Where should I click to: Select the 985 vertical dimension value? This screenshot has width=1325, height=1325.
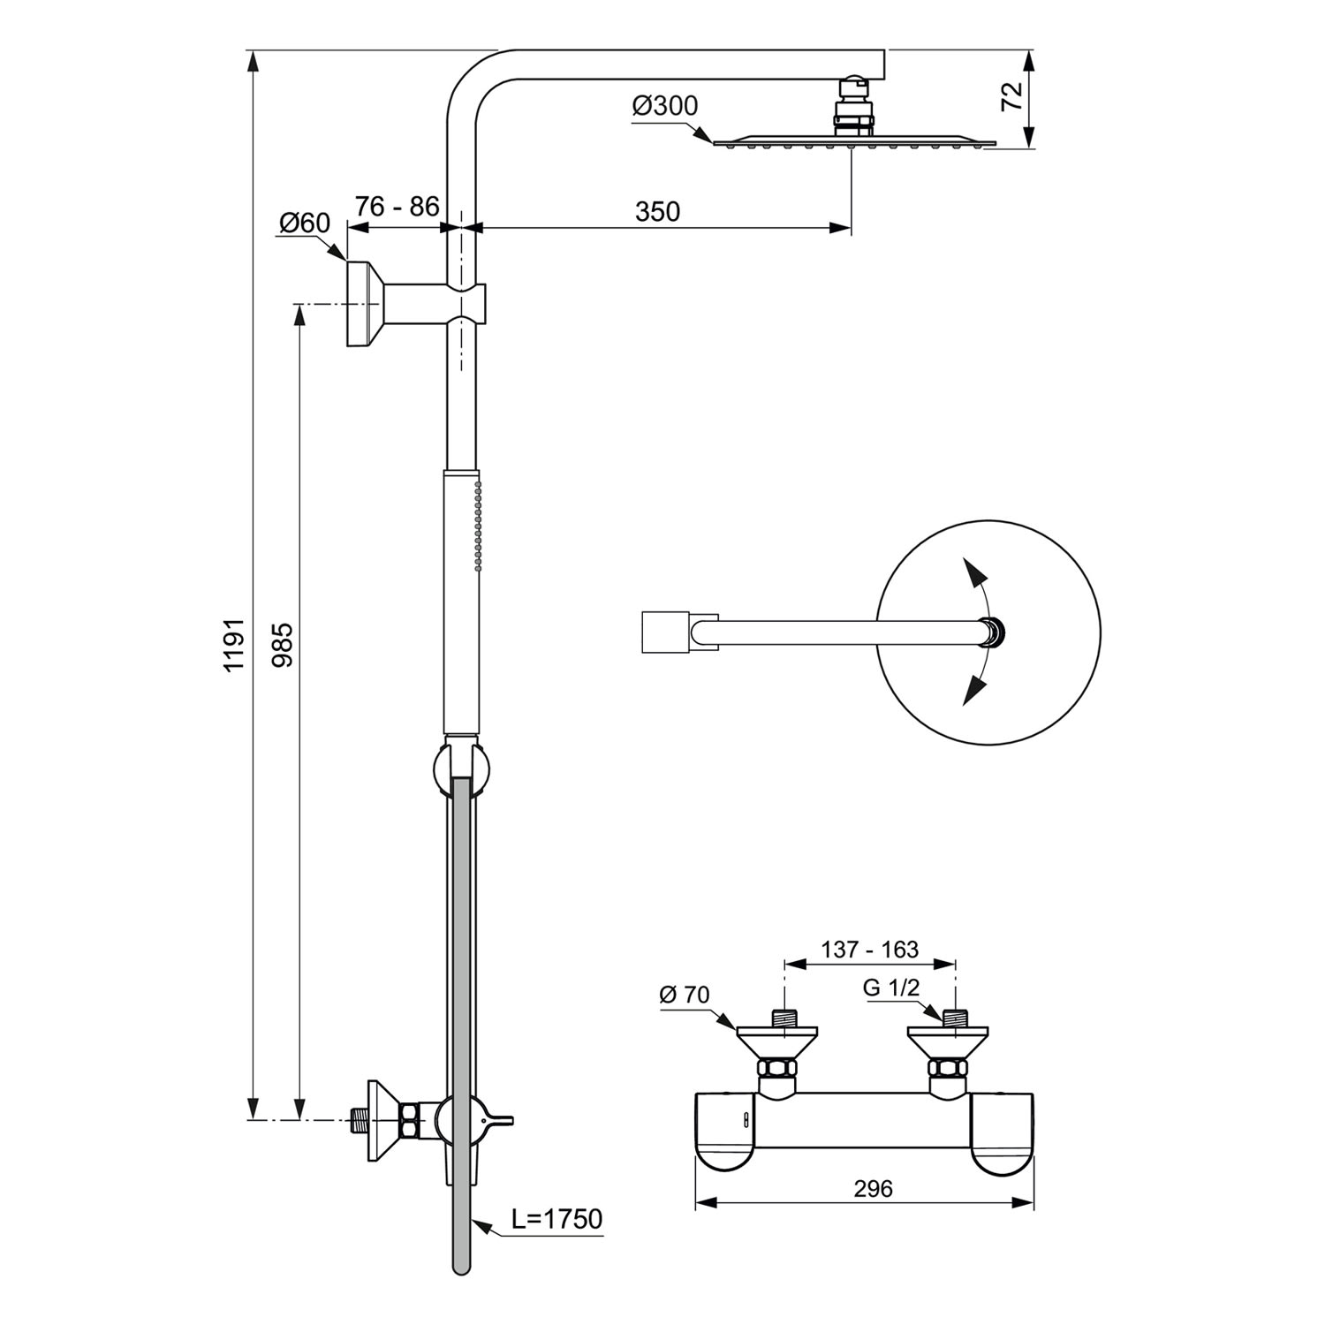click(x=282, y=645)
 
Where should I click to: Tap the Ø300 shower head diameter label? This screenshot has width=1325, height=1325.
click(x=665, y=106)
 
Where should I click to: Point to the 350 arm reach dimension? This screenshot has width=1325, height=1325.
click(x=657, y=212)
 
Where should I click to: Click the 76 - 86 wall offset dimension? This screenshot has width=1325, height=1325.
click(x=397, y=206)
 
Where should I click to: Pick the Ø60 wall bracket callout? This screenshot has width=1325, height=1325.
click(x=305, y=223)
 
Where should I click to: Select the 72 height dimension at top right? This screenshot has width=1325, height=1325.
click(x=1012, y=96)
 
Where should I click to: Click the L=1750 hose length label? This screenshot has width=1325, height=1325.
click(x=557, y=1219)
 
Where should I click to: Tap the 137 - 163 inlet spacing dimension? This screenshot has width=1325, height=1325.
click(x=870, y=950)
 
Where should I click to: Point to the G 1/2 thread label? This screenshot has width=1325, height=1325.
click(x=891, y=988)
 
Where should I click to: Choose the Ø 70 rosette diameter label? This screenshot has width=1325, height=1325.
click(x=685, y=995)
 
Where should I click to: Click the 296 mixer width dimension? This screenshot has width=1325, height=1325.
click(x=873, y=1189)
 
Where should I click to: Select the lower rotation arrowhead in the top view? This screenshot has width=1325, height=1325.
click(x=973, y=690)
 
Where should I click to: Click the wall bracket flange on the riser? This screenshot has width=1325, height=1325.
click(x=364, y=304)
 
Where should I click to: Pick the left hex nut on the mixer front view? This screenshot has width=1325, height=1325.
click(x=777, y=1071)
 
